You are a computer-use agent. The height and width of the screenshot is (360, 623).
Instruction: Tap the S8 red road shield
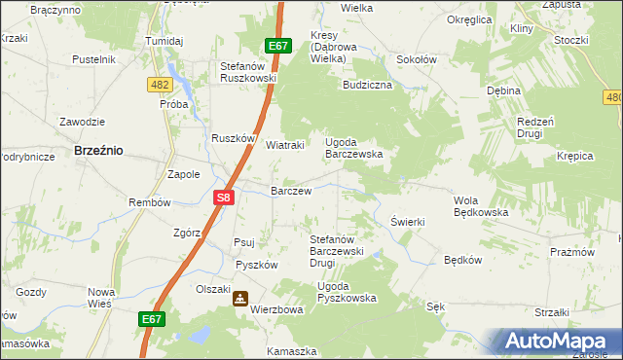(223, 197)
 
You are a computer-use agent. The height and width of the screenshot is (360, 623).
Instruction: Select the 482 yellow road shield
(161, 86)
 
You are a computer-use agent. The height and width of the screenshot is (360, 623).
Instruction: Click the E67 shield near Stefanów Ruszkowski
(277, 46)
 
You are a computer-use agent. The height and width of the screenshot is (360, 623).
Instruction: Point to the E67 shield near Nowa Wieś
(151, 318)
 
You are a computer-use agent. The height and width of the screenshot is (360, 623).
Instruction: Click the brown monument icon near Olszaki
(239, 300)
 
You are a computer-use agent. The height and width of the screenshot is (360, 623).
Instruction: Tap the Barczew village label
(291, 192)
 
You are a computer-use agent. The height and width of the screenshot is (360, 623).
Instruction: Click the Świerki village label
(408, 222)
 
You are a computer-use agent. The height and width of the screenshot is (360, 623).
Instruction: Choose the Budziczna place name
(367, 86)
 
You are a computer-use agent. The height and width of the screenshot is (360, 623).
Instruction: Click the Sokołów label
(416, 59)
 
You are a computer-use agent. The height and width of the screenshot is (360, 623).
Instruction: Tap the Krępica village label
(575, 156)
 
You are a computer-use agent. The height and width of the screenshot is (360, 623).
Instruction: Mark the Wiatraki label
(286, 146)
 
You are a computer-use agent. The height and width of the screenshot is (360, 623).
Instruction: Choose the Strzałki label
(551, 312)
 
